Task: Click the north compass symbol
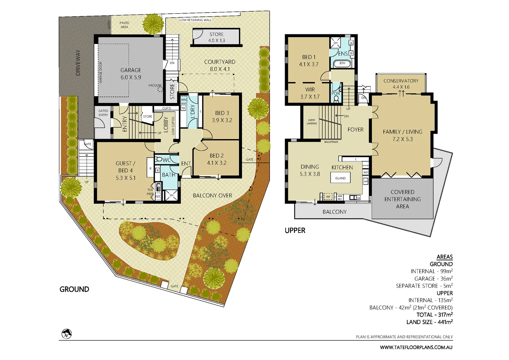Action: coord(67,334)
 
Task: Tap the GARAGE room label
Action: coord(131,70)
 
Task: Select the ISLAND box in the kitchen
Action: coord(340,178)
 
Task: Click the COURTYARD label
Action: coord(219,62)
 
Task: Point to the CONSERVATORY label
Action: coord(401,81)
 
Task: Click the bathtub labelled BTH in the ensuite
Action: coord(342,63)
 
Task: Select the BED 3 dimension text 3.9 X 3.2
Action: coord(222,120)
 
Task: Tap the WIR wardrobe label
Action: coord(310,90)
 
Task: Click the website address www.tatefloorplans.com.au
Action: coord(416,347)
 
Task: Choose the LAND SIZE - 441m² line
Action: coord(429,322)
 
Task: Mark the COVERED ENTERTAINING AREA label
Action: coord(402,199)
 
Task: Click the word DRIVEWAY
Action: coord(78,63)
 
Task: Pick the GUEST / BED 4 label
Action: coord(125,167)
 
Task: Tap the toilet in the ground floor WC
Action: coord(159,159)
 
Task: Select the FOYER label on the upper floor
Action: coord(355,130)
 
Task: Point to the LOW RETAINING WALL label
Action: coord(195,20)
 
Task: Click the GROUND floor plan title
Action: coord(74,289)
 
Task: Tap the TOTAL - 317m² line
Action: coord(434,315)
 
